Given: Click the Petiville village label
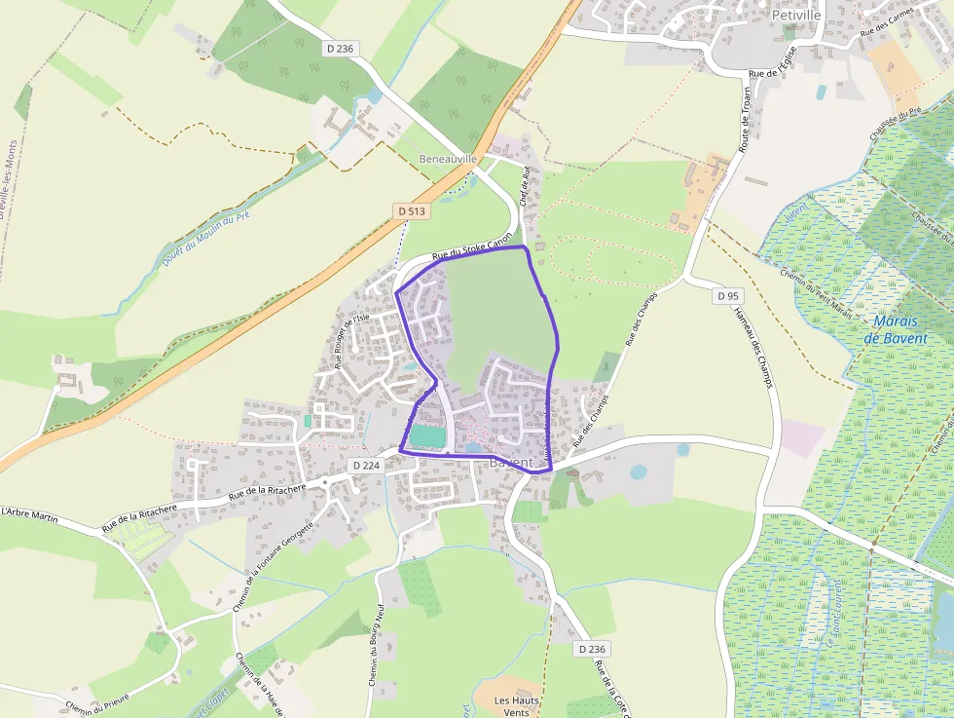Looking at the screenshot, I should (796, 16).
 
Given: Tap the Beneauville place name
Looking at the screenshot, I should (447, 159).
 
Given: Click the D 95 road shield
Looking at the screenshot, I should (728, 295).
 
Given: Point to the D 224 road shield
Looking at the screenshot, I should (365, 466).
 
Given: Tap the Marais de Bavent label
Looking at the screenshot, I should (900, 329).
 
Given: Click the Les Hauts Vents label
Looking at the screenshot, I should (516, 706).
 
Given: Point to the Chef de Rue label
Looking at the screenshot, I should (525, 186).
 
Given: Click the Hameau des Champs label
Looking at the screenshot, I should (752, 348).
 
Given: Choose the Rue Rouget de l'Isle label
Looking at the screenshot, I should (352, 341).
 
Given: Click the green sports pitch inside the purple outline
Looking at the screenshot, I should (426, 436).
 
